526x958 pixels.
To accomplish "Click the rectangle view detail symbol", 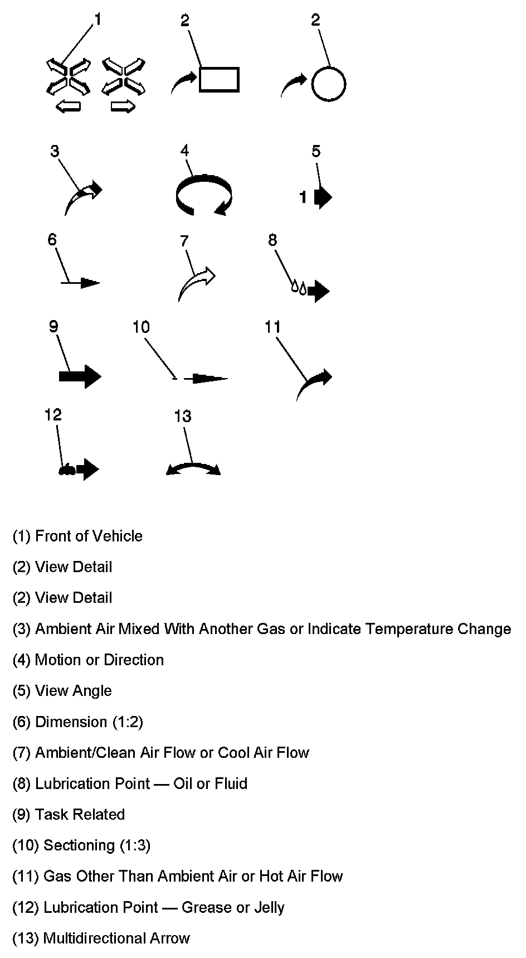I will coord(219,79).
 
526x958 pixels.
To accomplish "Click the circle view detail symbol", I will coord(328,85).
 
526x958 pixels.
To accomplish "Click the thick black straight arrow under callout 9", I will coord(80,376).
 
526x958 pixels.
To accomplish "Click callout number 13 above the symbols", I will coord(183,417).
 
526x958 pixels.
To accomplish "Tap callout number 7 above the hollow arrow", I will coord(184,241).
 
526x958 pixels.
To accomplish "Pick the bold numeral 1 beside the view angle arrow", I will coord(303,197).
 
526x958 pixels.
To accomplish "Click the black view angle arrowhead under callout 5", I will coord(323,197).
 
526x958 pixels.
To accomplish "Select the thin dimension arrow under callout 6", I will coord(81,283).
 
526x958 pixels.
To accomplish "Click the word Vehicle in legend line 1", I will coord(117,536).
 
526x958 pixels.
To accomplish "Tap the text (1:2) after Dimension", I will coord(128,722).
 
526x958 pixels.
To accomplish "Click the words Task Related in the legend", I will coord(80,815).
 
